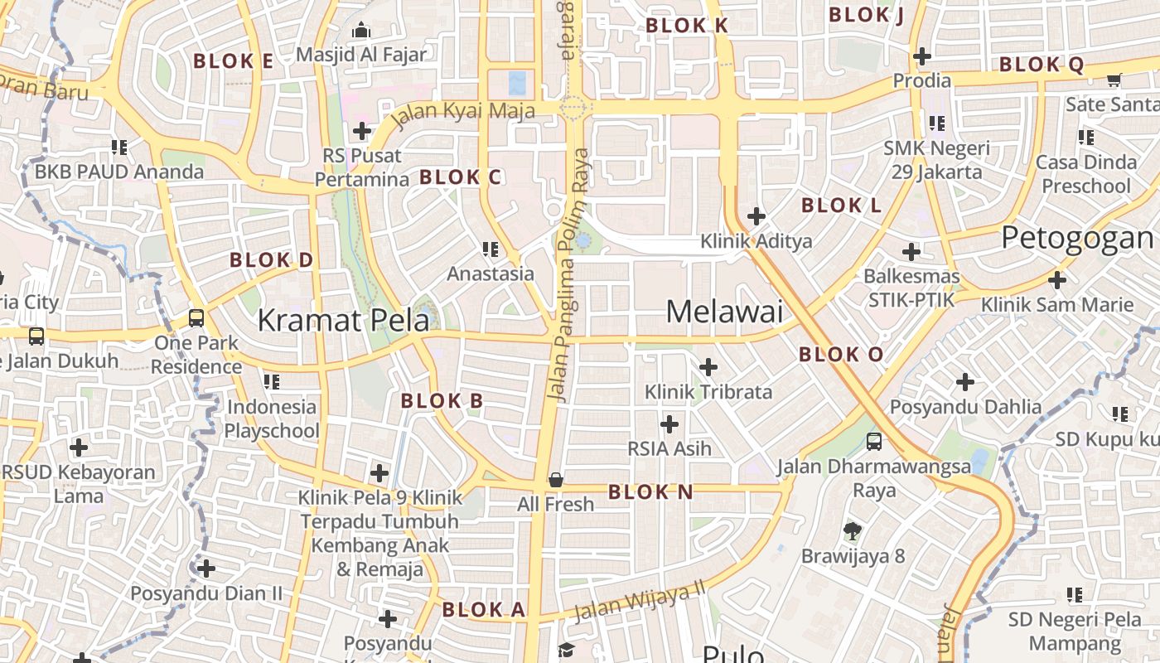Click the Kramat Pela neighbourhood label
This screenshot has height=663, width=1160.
pyautogui.click(x=343, y=320)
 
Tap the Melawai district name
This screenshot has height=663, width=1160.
pyautogui.click(x=724, y=312)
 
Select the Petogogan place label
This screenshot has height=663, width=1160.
pyautogui.click(x=1077, y=238)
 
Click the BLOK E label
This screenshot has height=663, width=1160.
pyautogui.click(x=233, y=60)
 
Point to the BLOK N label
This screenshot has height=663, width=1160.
pyautogui.click(x=650, y=492)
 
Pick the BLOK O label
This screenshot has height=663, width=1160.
pyautogui.click(x=841, y=355)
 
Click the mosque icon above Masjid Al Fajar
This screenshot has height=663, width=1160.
pyautogui.click(x=361, y=31)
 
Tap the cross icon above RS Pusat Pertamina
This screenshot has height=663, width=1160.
pyautogui.click(x=362, y=130)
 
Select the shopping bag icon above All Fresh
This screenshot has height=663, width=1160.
pyautogui.click(x=556, y=480)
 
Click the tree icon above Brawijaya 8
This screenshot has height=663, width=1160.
pyautogui.click(x=852, y=531)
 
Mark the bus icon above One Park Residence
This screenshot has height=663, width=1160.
pyautogui.click(x=196, y=318)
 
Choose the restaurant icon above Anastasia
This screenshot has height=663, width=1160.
pyautogui.click(x=491, y=249)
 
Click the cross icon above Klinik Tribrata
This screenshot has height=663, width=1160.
pyautogui.click(x=708, y=366)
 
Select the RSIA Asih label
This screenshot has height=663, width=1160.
pyautogui.click(x=669, y=449)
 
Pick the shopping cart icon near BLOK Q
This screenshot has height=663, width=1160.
pyautogui.click(x=1114, y=80)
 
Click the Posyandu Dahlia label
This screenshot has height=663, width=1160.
pyautogui.click(x=965, y=407)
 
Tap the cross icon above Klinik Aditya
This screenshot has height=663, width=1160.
pyautogui.click(x=756, y=216)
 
